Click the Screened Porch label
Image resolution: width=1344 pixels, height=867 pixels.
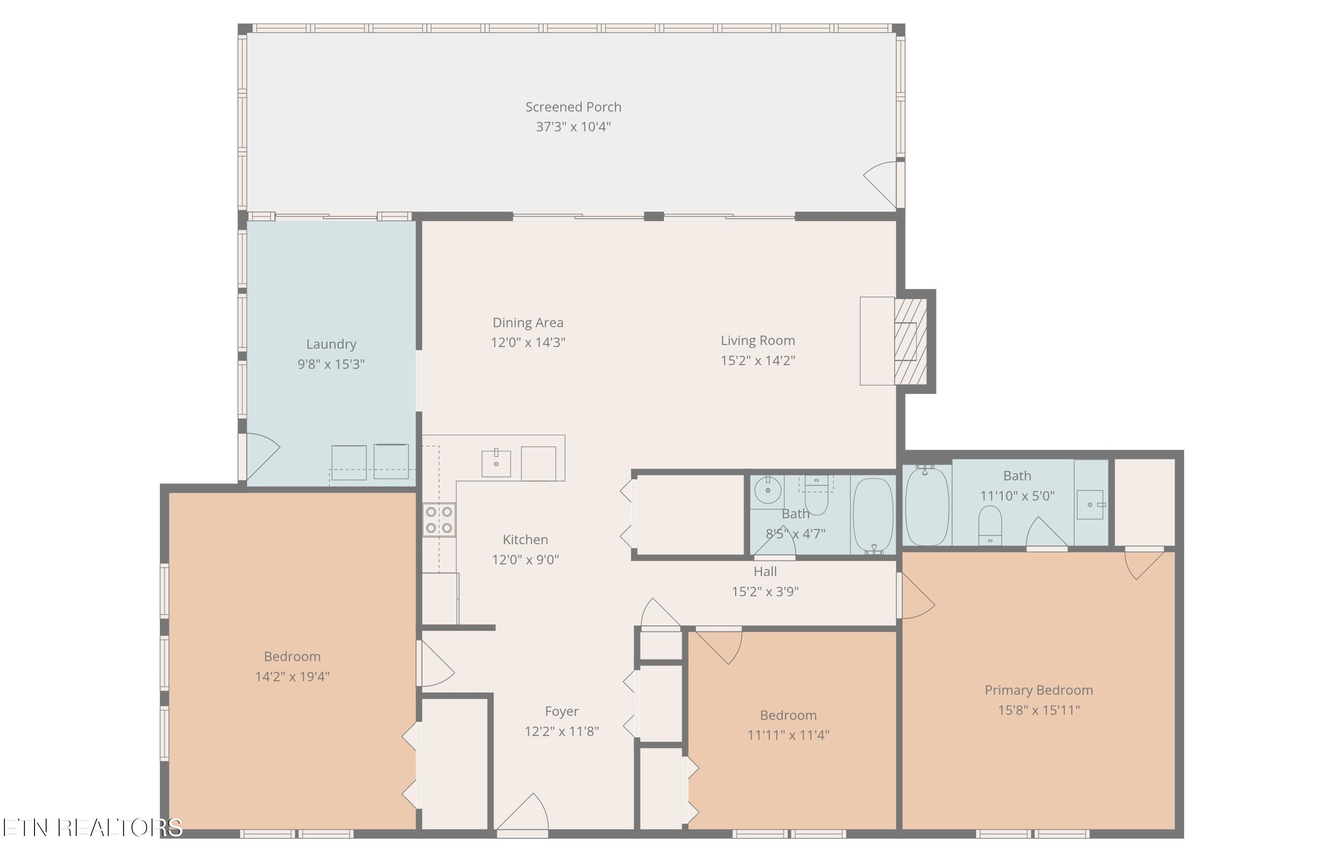(x=573, y=107)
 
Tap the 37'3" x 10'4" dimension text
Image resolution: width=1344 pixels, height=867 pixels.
(x=573, y=127)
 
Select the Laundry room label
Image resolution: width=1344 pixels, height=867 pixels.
(x=331, y=344)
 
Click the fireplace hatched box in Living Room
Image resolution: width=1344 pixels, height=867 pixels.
(x=910, y=341)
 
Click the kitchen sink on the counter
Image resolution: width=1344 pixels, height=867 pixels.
(x=496, y=463)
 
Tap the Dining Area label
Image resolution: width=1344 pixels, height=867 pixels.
(x=527, y=323)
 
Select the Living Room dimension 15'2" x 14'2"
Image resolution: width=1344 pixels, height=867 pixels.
(x=758, y=360)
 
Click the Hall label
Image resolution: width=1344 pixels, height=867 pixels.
(x=765, y=571)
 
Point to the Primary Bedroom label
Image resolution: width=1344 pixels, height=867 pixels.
(x=1038, y=690)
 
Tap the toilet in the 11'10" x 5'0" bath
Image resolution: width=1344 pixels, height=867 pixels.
(x=990, y=524)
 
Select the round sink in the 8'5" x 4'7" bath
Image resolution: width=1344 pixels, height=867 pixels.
(x=767, y=490)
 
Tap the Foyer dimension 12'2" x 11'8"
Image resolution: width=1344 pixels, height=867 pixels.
(x=562, y=731)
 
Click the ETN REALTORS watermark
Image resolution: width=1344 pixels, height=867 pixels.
(x=92, y=827)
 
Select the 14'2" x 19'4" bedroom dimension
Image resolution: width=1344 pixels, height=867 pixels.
(x=292, y=677)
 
